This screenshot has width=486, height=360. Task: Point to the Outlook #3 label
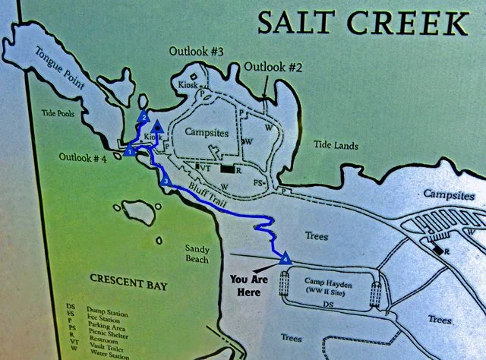point(197,52)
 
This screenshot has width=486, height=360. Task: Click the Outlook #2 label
point(273,67)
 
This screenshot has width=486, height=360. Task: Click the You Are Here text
point(251,283)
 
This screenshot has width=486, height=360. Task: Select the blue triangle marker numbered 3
point(166,180)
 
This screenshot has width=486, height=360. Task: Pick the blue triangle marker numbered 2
point(143,117)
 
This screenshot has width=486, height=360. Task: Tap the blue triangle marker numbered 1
point(129,151)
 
